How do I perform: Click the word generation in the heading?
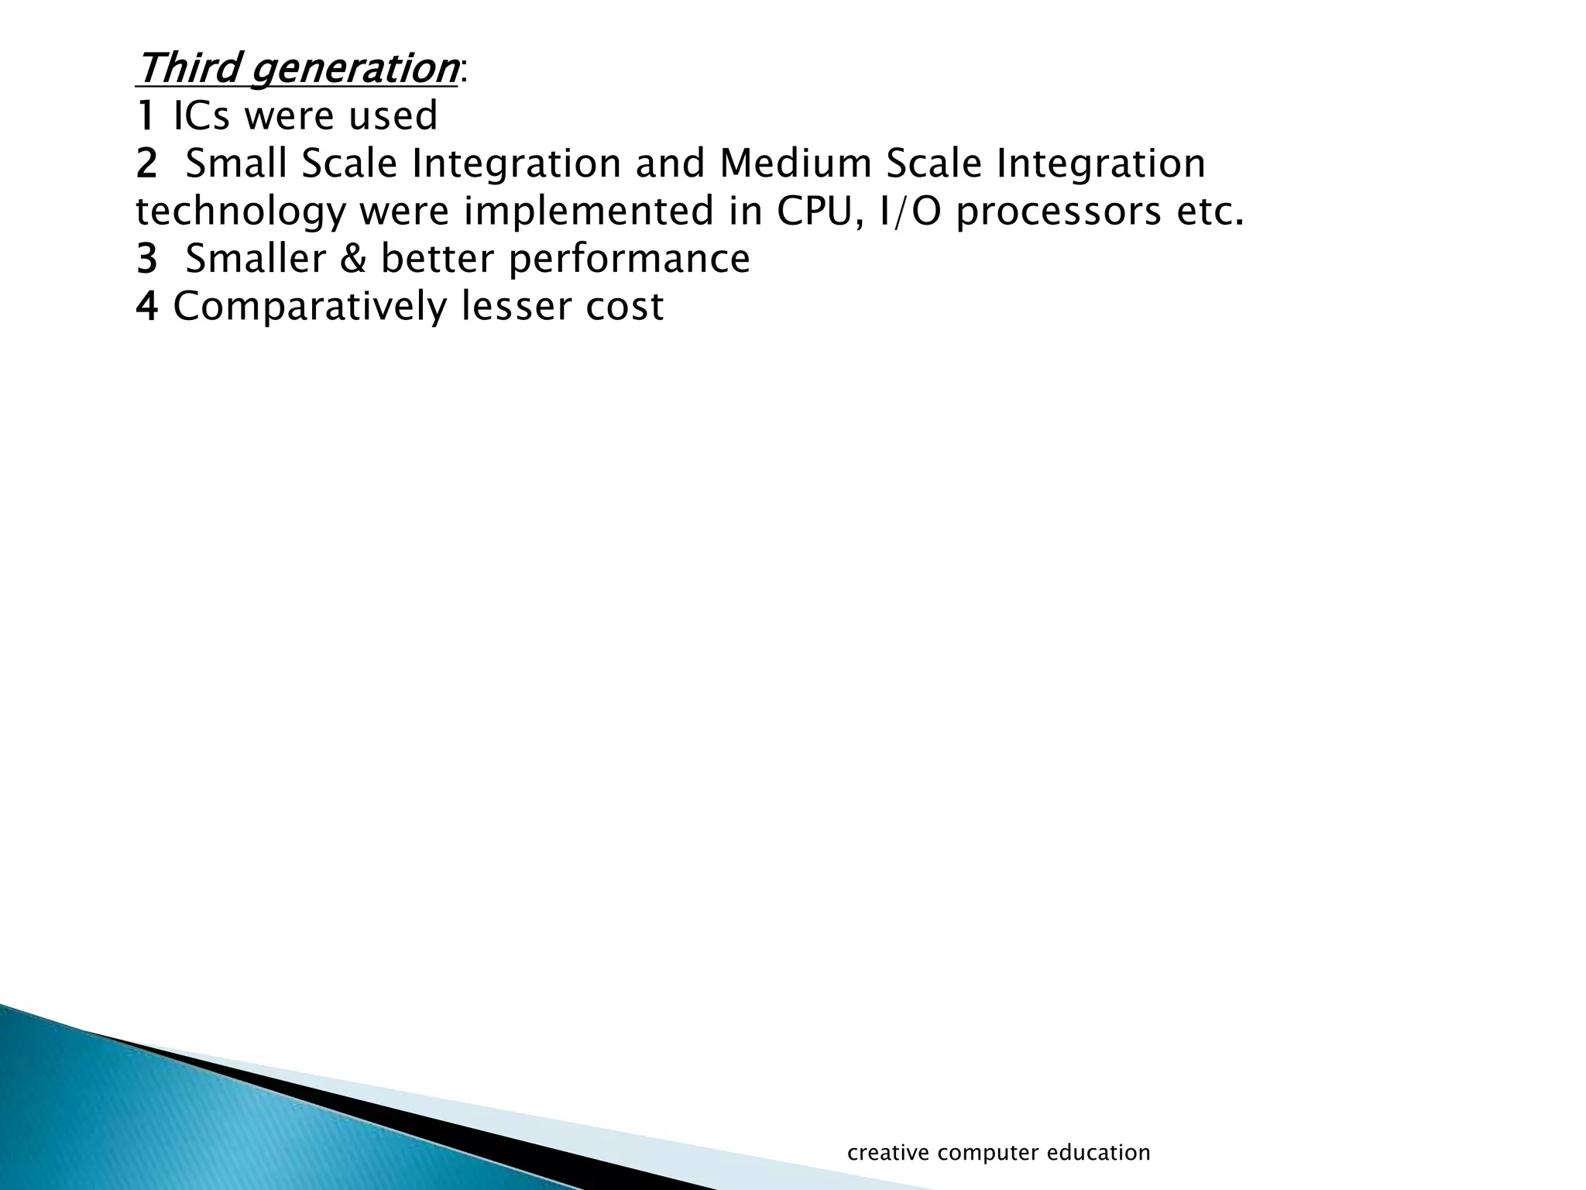[354, 70]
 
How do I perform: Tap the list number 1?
[145, 116]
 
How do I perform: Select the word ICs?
[201, 116]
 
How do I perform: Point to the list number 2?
[146, 164]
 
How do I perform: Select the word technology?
[241, 213]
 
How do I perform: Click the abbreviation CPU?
[821, 212]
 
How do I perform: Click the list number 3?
[146, 260]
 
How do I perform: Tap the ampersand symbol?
[353, 260]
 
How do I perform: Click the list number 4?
[146, 307]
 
